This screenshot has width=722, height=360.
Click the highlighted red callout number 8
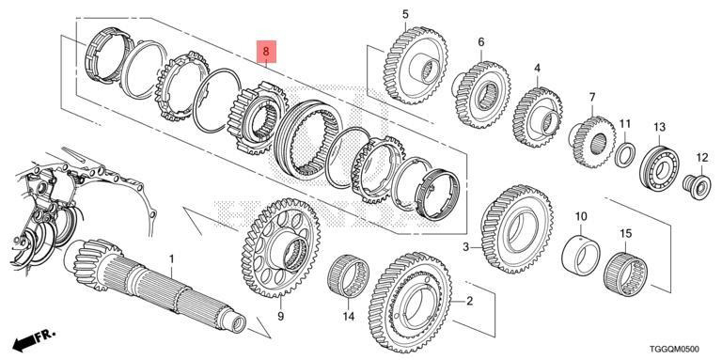(266, 52)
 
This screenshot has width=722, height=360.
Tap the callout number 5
(405, 14)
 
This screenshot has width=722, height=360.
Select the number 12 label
(701, 158)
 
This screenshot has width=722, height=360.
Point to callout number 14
(348, 316)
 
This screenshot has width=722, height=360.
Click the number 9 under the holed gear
(281, 316)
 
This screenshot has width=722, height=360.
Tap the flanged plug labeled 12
(698, 185)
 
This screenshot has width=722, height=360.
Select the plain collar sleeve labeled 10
(581, 255)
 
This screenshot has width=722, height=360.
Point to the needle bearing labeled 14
(349, 275)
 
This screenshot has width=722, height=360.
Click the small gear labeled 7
(593, 142)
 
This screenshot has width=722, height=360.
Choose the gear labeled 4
(537, 117)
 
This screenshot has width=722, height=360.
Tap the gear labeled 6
(480, 94)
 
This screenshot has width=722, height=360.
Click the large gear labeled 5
(415, 66)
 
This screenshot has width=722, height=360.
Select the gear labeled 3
(517, 228)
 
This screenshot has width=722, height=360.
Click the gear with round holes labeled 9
(281, 247)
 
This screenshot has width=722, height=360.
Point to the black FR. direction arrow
(34, 340)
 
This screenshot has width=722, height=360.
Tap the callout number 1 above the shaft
(172, 259)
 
